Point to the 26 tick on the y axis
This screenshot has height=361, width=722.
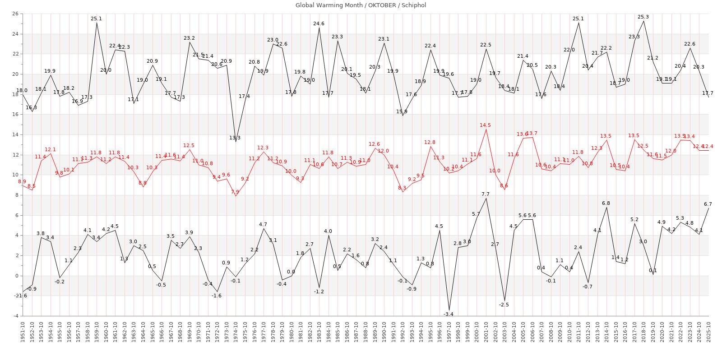(x=15, y=14)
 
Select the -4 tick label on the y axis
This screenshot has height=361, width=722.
(x=15, y=316)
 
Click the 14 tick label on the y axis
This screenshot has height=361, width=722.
(x=15, y=134)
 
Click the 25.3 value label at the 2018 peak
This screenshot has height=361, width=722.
(x=643, y=17)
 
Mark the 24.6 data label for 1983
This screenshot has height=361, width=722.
(x=319, y=23)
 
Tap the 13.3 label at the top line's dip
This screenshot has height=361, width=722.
(x=235, y=138)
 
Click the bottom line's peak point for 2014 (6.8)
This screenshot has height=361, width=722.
(x=606, y=208)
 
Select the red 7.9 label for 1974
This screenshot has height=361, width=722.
(x=235, y=192)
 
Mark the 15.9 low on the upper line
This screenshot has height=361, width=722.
(x=402, y=111)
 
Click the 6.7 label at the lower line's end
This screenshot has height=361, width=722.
(x=708, y=204)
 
